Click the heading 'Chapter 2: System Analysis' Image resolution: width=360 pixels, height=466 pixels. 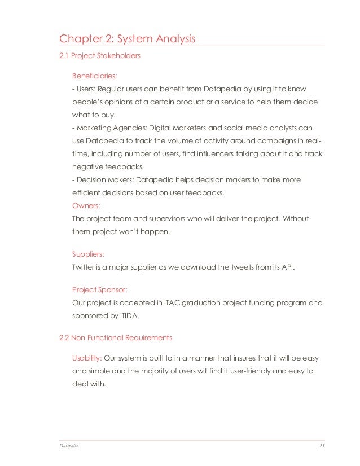tap(128, 39)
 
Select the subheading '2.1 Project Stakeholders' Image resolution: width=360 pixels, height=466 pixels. tap(100, 56)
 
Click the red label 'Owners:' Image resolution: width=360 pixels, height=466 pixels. tap(86, 206)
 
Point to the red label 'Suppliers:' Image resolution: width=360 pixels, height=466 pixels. tap(88, 254)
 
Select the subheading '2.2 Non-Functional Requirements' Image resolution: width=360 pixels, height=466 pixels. tap(116, 338)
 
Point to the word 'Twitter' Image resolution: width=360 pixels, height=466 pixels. tap(84, 267)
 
